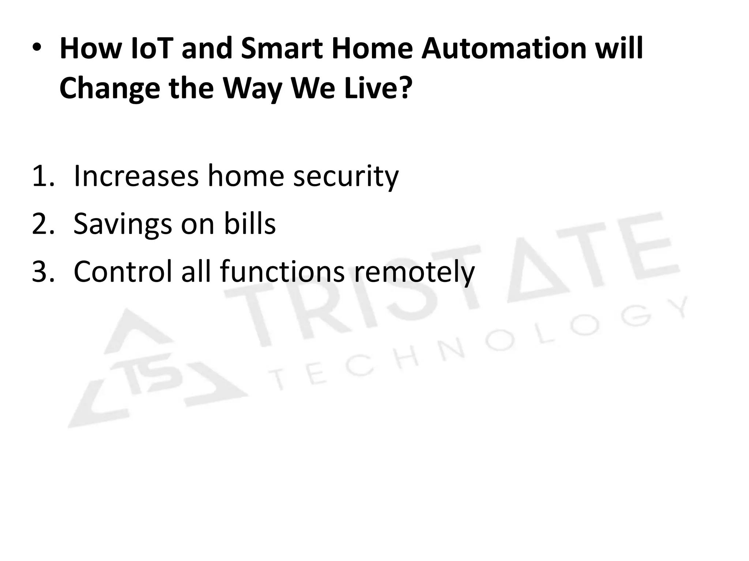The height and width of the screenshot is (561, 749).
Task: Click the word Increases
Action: click(136, 176)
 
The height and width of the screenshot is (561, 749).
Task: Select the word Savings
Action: click(123, 225)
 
